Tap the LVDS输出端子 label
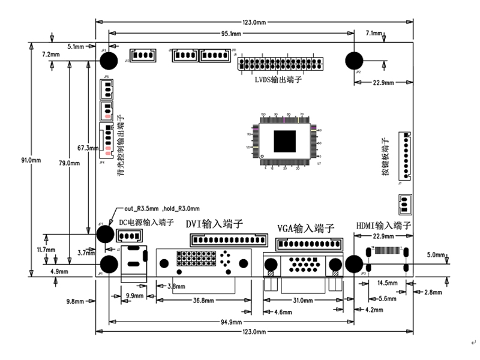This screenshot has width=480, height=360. click(x=278, y=80)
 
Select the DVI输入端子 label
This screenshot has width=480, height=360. click(x=214, y=224)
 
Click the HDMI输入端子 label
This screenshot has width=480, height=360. click(x=383, y=226)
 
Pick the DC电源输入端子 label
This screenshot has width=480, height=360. click(x=146, y=223)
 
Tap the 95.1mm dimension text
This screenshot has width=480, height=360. click(x=230, y=34)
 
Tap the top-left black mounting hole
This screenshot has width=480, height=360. click(x=109, y=61)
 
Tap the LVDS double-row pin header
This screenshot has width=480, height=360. click(x=281, y=63)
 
